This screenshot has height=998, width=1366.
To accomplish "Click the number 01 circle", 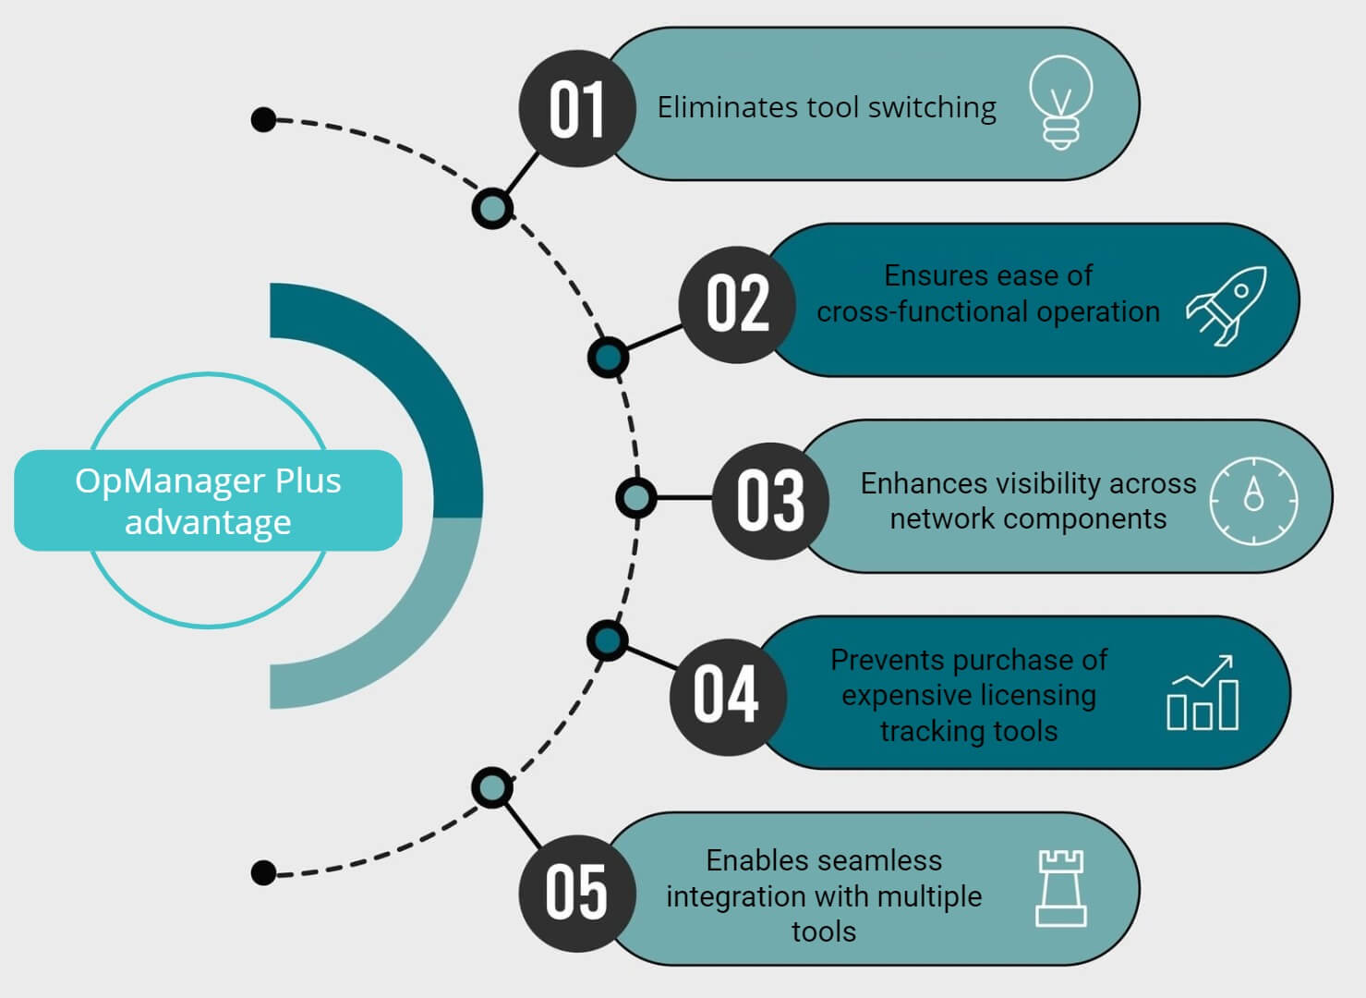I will pyautogui.click(x=576, y=108).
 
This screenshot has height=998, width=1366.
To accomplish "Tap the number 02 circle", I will pyautogui.click(x=737, y=304).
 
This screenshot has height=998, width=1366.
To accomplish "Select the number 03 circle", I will pyautogui.click(x=770, y=500).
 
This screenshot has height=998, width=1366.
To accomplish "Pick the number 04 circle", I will pyautogui.click(x=727, y=696).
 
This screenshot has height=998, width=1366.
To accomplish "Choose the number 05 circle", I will pyautogui.click(x=576, y=893).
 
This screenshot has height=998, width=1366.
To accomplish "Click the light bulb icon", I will pyautogui.click(x=1061, y=102).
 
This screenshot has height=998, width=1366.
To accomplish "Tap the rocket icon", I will pyautogui.click(x=1227, y=305).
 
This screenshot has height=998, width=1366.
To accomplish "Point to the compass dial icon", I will pyautogui.click(x=1253, y=500).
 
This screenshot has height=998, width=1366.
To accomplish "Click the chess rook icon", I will pyautogui.click(x=1060, y=888).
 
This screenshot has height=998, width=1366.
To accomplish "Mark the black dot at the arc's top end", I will pyautogui.click(x=264, y=120).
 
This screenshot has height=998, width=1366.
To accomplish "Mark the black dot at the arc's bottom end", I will pyautogui.click(x=264, y=872).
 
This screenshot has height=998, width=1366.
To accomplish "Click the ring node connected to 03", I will pyautogui.click(x=635, y=498).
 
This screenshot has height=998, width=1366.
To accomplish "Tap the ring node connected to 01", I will pyautogui.click(x=492, y=208).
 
